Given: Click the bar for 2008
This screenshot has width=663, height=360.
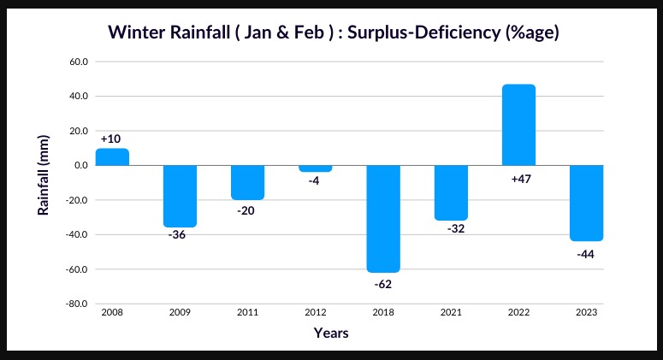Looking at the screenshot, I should [x=112, y=157].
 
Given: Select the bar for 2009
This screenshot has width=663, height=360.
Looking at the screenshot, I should [x=180, y=196].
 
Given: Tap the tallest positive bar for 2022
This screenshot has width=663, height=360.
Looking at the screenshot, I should [x=518, y=125].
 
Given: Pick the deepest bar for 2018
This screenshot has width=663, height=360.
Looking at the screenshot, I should [x=383, y=219].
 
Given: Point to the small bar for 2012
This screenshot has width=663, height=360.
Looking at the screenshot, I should [x=316, y=168].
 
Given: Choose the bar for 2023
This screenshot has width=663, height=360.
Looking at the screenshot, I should [x=586, y=203].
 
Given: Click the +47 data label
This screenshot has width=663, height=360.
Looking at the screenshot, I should [x=518, y=177].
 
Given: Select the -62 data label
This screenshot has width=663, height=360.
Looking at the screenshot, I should [x=383, y=283].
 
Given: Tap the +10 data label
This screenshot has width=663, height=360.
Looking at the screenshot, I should [x=112, y=139].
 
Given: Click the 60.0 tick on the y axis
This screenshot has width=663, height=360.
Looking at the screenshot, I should [x=78, y=62].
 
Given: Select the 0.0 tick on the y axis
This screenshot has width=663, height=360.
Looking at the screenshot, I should [x=80, y=165].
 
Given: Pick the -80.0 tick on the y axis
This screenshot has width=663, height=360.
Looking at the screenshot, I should [x=76, y=304].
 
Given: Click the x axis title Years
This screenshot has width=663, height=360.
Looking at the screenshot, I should [x=330, y=333].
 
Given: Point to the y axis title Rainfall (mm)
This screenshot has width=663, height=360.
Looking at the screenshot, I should [x=42, y=183].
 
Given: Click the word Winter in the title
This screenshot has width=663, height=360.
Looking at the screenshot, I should [x=135, y=33].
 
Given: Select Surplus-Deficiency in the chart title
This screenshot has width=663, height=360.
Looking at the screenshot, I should [x=419, y=33].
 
